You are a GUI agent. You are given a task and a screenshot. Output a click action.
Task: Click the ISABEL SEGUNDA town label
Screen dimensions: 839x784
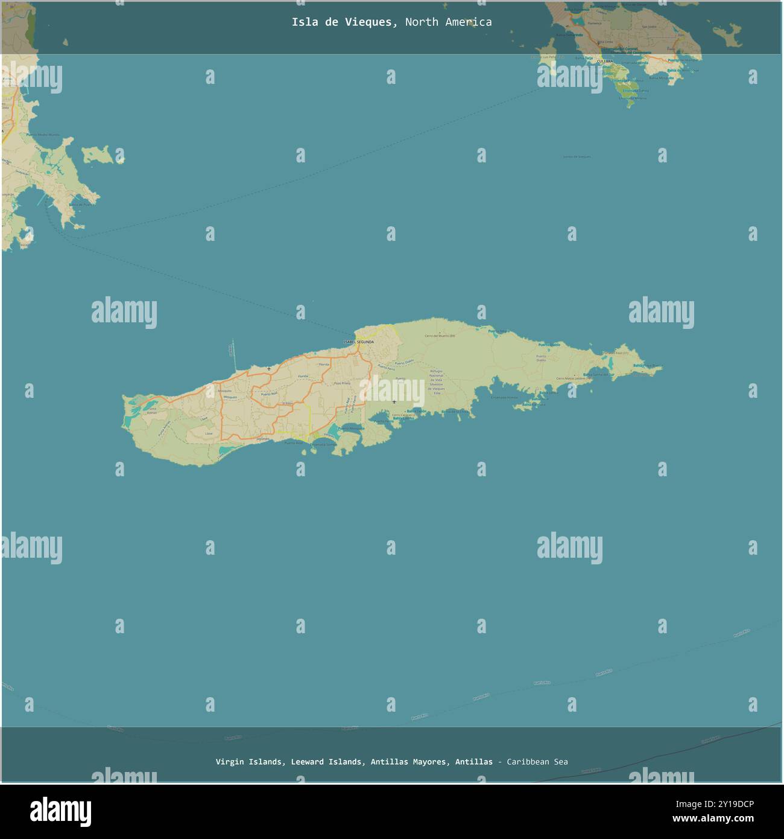point(358,342)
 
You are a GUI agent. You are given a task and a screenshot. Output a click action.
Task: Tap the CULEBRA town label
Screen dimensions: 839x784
point(604,62)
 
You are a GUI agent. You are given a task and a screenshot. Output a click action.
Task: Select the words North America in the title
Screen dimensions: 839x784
point(448,22)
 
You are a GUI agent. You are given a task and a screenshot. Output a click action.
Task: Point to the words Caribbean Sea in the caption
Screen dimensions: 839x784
point(537,762)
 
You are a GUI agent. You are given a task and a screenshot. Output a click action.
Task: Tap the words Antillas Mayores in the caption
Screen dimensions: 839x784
point(410,762)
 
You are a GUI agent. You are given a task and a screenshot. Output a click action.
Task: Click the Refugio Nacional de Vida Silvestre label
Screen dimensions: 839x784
point(436,381)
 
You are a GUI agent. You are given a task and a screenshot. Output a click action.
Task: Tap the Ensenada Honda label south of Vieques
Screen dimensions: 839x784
point(504,398)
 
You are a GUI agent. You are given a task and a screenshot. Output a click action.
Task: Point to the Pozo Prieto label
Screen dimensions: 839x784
point(342,383)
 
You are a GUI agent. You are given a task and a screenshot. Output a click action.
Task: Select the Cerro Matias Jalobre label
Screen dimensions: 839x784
point(574,378)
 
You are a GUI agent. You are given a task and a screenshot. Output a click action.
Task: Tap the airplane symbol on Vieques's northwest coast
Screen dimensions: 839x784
point(268,368)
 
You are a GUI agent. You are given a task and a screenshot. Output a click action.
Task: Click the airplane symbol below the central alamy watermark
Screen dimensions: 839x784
point(394,401)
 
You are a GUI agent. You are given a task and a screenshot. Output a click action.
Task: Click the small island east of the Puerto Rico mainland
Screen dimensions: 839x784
point(96,155)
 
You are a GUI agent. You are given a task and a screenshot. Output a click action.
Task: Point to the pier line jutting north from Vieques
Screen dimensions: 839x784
point(235,356)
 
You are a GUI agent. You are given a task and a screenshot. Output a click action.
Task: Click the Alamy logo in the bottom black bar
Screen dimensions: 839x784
point(60,812)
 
